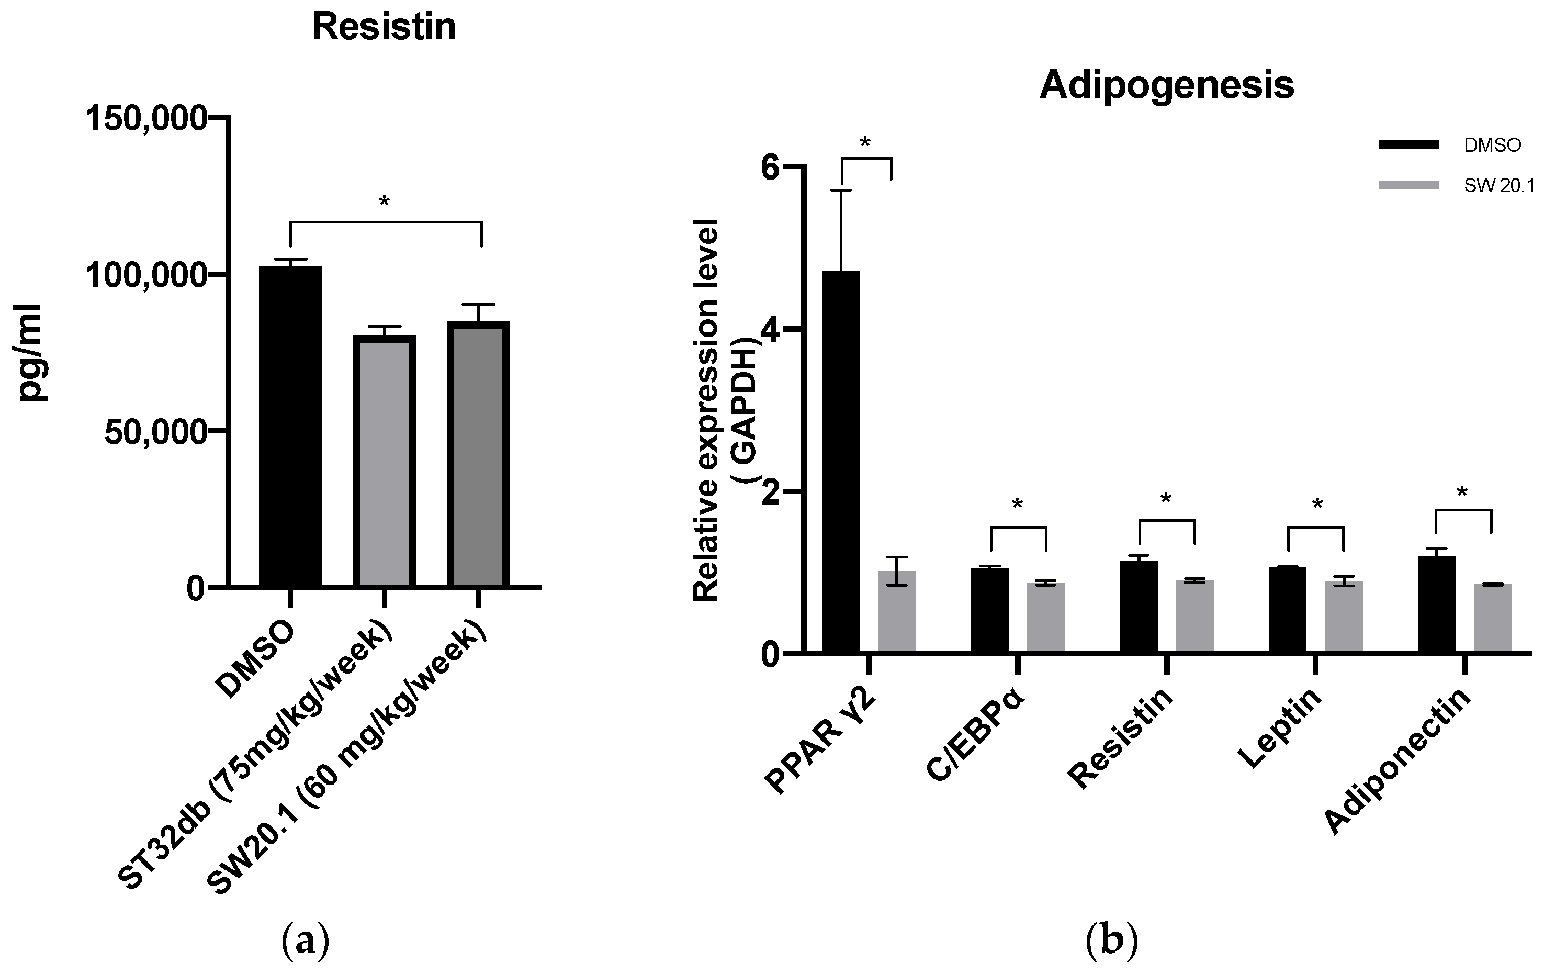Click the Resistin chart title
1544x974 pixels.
tap(384, 27)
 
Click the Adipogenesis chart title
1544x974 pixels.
tap(1166, 85)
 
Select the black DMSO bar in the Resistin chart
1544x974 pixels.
tap(290, 427)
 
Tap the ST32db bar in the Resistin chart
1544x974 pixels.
tap(384, 462)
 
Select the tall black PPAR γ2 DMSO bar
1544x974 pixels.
tap(841, 462)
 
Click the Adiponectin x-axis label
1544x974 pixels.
tap(1398, 762)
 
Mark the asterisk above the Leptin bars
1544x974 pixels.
tap(1317, 505)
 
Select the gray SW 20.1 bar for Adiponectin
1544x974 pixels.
tap(1493, 618)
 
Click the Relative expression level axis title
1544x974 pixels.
tap(706, 410)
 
